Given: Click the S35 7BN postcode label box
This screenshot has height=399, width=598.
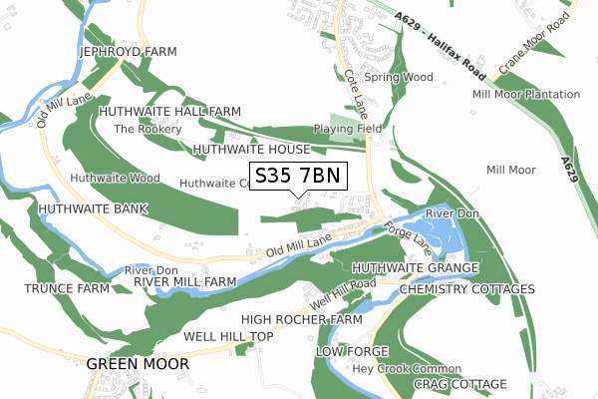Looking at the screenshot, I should tap(297, 176).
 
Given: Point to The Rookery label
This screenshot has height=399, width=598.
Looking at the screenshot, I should tap(148, 130).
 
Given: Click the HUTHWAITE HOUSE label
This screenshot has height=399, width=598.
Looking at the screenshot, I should tap(252, 149).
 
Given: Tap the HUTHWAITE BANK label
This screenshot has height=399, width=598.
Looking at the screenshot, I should tap(93, 209).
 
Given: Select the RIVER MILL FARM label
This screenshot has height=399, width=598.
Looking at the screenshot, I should tap(185, 282).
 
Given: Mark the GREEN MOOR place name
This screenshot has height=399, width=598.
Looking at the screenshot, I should tap(138, 364).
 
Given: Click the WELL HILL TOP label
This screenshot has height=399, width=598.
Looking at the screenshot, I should tap(228, 337).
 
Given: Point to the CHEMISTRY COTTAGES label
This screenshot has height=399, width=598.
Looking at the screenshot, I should tap(466, 289).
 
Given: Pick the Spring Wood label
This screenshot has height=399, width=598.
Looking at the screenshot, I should tap(398, 77).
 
